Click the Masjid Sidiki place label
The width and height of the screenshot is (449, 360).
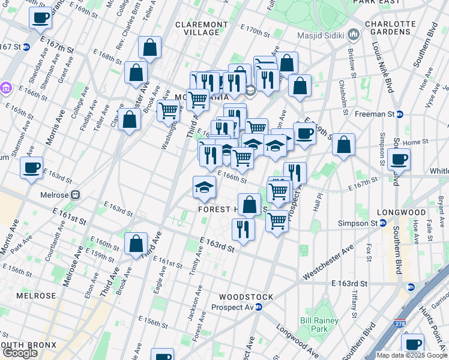(321, 35)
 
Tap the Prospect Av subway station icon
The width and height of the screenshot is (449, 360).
(258, 307)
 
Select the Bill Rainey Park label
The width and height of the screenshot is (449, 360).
(314, 325)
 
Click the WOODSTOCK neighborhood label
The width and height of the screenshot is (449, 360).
(246, 297)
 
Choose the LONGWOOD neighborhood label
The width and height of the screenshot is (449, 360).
(401, 213)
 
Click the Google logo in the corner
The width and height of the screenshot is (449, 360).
(20, 352)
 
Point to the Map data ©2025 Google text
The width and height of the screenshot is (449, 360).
(412, 355)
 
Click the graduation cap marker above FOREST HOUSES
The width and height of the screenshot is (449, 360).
(205, 187)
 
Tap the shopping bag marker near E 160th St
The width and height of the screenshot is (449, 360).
(136, 244)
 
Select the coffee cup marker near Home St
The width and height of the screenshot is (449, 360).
(399, 159)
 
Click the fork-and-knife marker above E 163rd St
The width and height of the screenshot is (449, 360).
(243, 229)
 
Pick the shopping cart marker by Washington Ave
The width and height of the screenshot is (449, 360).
(169, 110)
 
